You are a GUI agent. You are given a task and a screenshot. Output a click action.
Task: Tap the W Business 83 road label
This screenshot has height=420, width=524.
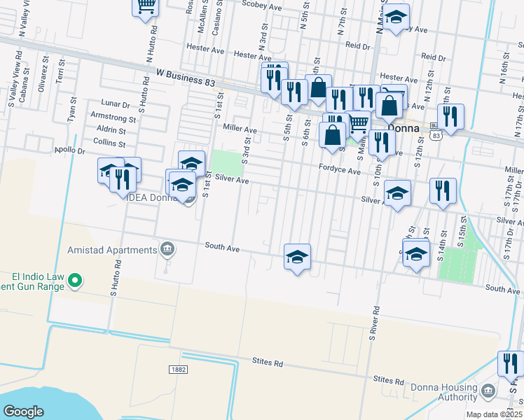(186, 73)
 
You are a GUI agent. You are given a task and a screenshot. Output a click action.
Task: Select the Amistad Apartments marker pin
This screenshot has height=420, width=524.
(167, 248)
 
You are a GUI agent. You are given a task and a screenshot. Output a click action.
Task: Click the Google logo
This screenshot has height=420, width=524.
(23, 411)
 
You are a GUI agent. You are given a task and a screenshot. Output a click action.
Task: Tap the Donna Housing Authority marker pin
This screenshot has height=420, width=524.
(488, 389)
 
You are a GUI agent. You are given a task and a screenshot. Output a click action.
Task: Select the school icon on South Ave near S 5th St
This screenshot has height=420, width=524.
(297, 257)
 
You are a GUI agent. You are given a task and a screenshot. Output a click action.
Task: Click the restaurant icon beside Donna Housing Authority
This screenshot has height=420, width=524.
(509, 364)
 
